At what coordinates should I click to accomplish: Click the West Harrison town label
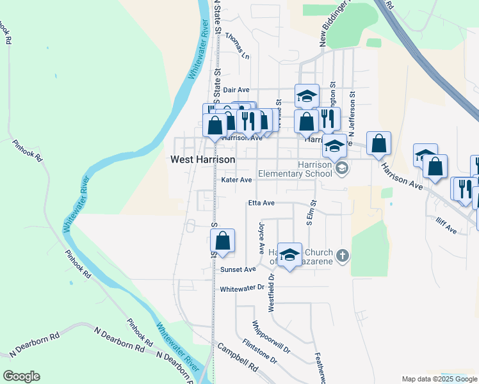[203, 159]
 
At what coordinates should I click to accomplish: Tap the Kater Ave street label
[236, 180]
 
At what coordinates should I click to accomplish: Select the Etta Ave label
[261, 203]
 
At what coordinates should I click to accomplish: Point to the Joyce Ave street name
[261, 236]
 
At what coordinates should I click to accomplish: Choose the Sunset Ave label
[238, 269]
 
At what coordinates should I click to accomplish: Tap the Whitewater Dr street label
[242, 289]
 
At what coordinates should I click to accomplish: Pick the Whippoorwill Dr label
[271, 337]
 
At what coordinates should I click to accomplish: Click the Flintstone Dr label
[259, 351]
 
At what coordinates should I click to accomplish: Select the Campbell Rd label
[237, 359]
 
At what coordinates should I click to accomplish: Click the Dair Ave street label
[236, 90]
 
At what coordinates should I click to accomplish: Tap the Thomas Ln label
[237, 47]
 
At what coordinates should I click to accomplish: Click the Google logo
[21, 376]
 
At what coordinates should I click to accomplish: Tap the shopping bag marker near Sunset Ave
[222, 241]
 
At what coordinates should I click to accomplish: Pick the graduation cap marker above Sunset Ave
[289, 255]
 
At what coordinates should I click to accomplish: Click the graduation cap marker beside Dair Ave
[307, 96]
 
